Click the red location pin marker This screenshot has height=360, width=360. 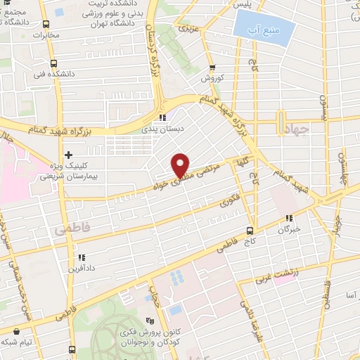coord(181,165)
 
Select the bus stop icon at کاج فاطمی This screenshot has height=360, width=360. coord(250,231)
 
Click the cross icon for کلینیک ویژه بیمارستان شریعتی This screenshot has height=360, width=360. coord(68,155)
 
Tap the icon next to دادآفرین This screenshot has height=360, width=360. coord(82,257)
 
